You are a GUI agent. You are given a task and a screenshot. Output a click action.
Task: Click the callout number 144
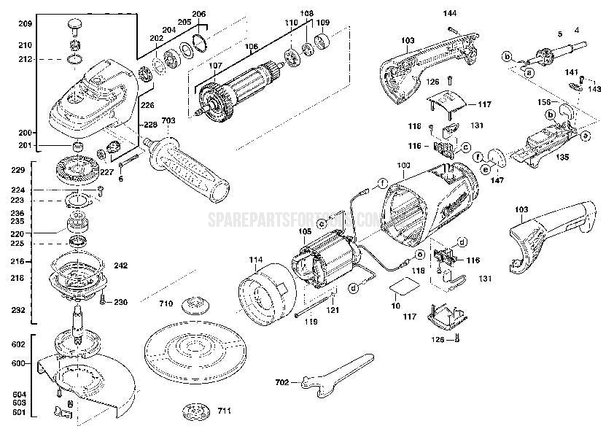click(x=450, y=13)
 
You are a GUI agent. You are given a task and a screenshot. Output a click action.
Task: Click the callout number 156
click(x=544, y=103)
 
